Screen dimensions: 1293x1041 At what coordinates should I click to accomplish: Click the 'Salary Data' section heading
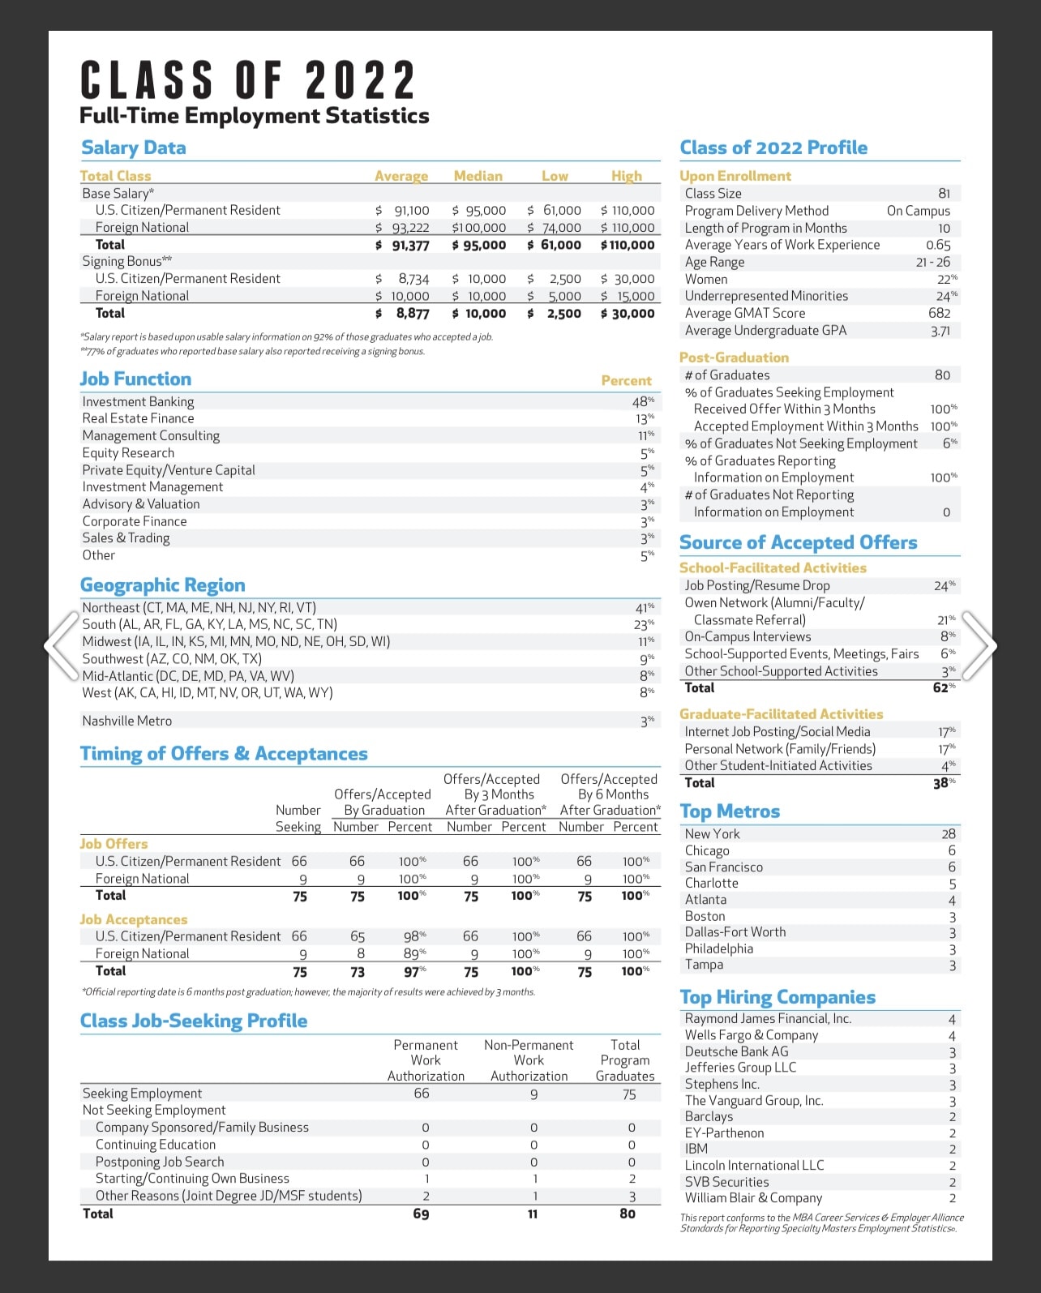(134, 148)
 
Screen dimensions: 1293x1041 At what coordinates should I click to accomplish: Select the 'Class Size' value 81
(944, 194)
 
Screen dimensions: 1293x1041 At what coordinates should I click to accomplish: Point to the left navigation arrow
(62, 645)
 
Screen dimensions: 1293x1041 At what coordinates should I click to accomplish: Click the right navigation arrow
(979, 645)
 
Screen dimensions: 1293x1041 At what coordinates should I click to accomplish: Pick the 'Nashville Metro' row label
(127, 721)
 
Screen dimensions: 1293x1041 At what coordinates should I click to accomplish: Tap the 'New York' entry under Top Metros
(712, 833)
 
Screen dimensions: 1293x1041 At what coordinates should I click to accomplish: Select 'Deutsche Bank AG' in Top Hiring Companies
(736, 1051)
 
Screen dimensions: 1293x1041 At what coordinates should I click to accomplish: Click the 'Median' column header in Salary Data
(478, 176)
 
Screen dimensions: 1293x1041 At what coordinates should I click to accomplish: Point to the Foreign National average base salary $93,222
(403, 228)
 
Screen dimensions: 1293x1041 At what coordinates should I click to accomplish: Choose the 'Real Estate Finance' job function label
(138, 418)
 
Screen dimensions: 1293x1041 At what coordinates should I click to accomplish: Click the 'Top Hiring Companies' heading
(778, 997)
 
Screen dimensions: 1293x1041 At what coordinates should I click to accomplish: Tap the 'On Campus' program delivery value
(918, 211)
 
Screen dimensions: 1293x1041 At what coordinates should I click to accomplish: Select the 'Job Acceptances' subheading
(134, 919)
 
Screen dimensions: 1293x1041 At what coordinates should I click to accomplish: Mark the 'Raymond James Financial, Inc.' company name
(768, 1018)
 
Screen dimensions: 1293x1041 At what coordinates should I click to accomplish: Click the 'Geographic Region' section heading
(162, 585)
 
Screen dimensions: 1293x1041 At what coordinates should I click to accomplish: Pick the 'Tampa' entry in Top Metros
(704, 965)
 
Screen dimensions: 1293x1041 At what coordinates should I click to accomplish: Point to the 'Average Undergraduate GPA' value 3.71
(940, 331)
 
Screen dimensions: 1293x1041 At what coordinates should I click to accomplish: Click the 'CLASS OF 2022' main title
(248, 81)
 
